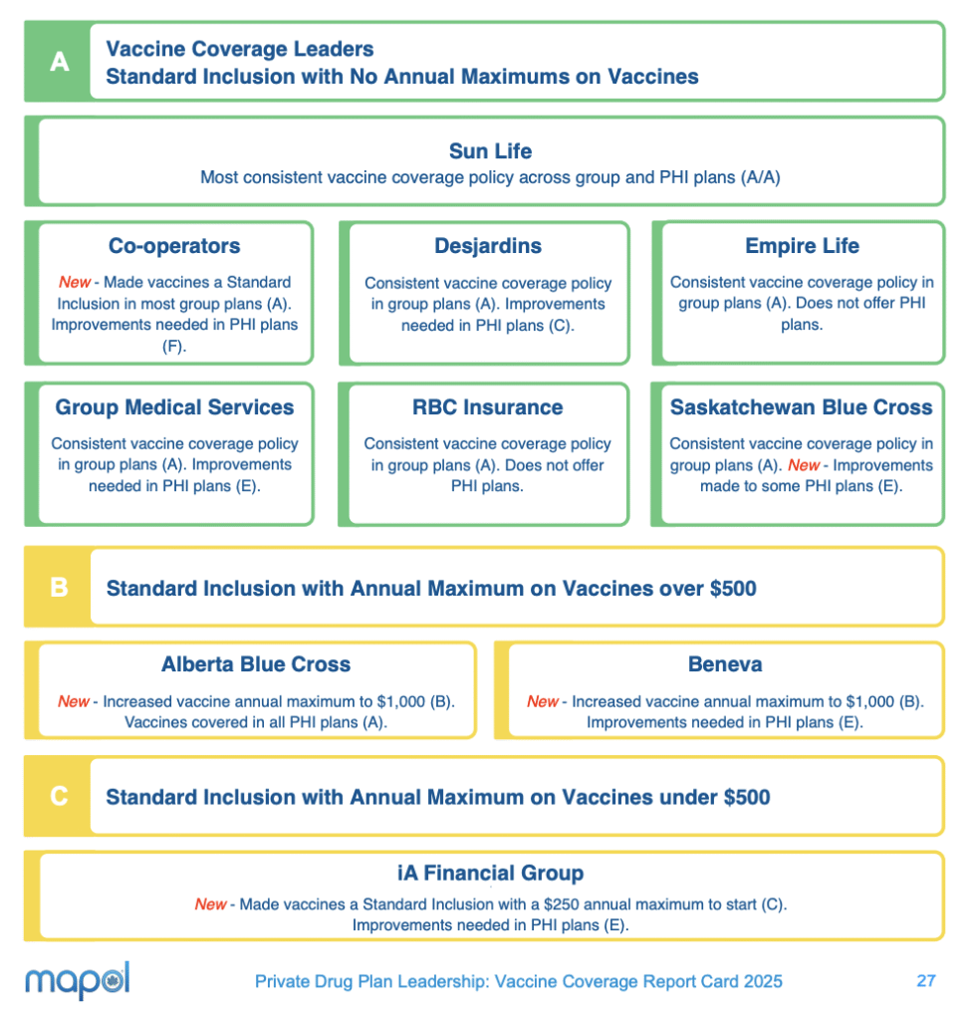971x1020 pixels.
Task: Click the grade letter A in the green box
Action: tap(59, 62)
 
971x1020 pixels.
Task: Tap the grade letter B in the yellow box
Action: tap(59, 588)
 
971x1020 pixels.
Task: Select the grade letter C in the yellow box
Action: tap(59, 797)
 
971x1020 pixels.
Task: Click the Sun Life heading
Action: tap(490, 151)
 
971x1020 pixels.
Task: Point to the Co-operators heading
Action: tap(174, 246)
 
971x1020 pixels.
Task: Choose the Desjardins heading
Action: tap(488, 246)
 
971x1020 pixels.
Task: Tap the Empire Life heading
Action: tap(802, 246)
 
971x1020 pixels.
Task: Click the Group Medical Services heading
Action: tap(174, 407)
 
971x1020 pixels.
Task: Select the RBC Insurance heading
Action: tap(488, 407)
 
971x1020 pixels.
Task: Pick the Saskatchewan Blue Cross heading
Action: tap(802, 407)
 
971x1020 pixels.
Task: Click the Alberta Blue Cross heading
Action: tap(256, 664)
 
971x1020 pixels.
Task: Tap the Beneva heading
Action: tap(725, 664)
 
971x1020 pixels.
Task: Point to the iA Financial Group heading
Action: tap(490, 874)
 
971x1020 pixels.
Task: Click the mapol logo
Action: tap(78, 980)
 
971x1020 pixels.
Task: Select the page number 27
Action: tap(926, 981)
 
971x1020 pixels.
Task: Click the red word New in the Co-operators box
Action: tap(74, 283)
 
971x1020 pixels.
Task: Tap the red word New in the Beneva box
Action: tap(543, 701)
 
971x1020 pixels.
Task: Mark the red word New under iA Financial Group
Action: tap(210, 904)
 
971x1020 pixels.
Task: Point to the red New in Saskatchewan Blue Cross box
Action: tap(804, 465)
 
